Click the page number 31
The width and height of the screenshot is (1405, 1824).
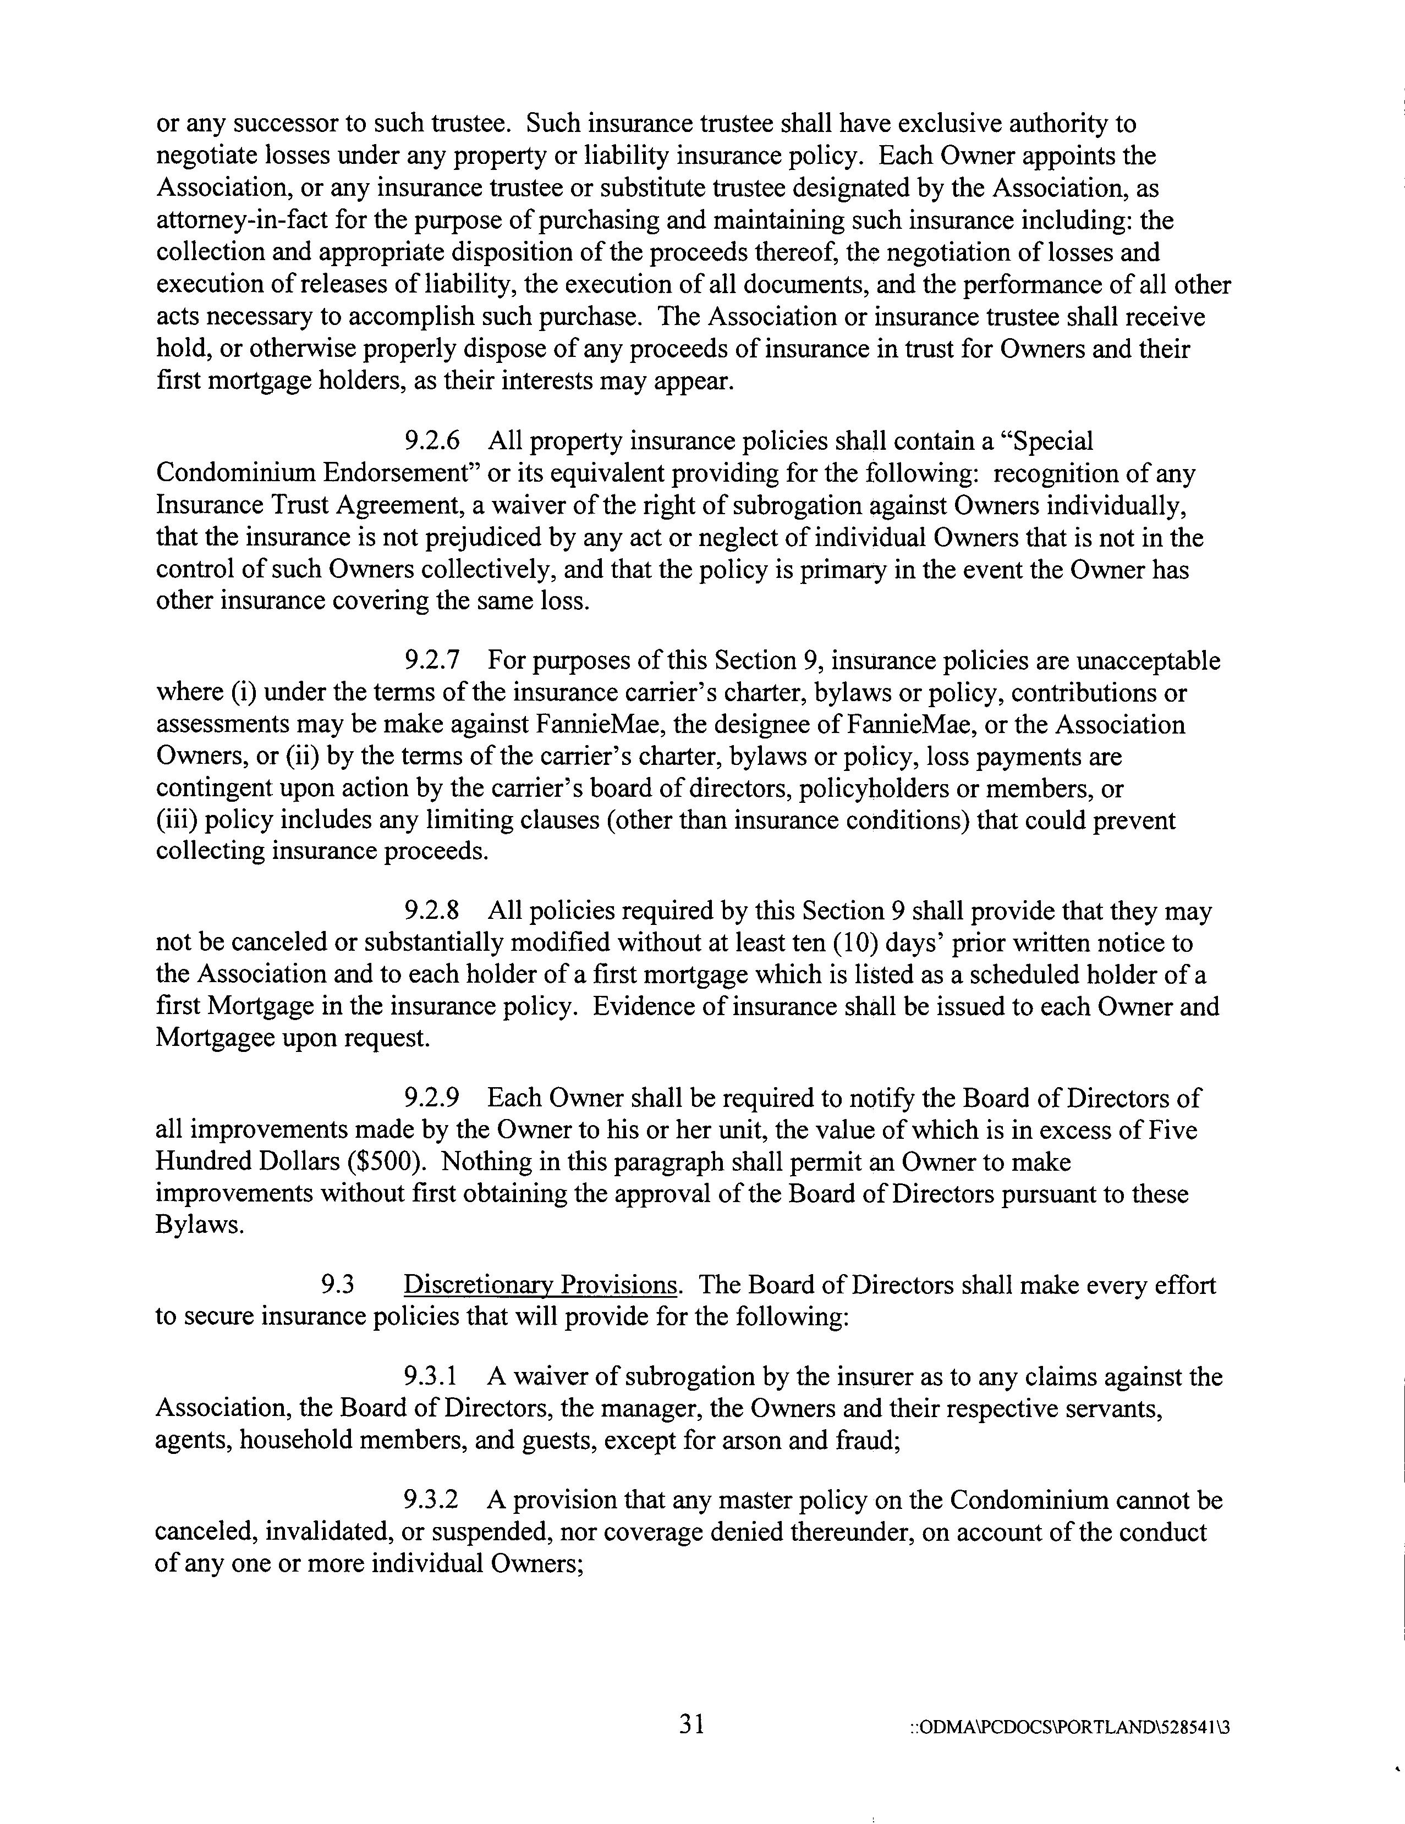click(x=691, y=1724)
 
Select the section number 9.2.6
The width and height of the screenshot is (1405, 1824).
click(x=432, y=441)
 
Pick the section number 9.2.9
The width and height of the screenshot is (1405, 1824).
click(x=432, y=1098)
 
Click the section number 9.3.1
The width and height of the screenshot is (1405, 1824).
click(x=431, y=1376)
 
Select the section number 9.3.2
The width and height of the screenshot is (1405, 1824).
click(x=432, y=1501)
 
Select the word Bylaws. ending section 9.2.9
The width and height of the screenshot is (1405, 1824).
click(x=200, y=1226)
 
